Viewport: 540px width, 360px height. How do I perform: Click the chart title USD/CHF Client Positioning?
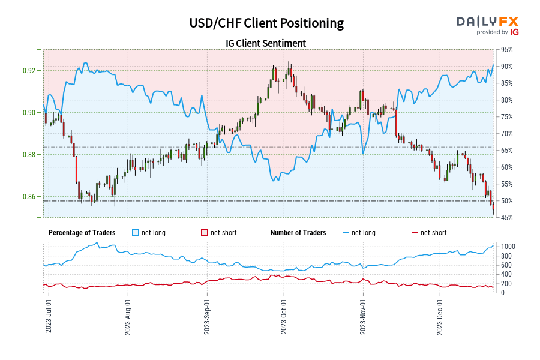(x=266, y=23)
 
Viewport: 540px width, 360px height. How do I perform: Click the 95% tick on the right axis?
(x=506, y=50)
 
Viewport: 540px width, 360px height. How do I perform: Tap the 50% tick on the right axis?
(x=506, y=201)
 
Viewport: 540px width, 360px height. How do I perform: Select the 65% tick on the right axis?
(x=506, y=151)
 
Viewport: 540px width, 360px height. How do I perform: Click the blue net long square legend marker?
(x=135, y=233)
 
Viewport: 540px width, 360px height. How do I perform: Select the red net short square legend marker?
(x=204, y=233)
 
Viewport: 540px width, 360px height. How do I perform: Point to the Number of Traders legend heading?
(x=298, y=233)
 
